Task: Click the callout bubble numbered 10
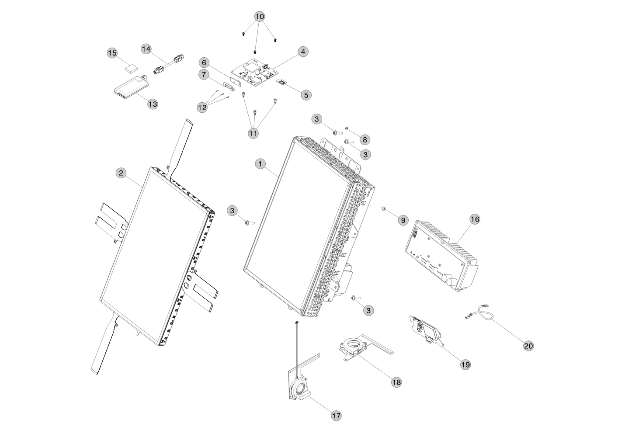[x=260, y=17]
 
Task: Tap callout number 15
[x=112, y=53]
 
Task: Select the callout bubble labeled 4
[x=303, y=52]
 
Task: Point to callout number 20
[x=528, y=346]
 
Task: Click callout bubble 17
[x=336, y=416]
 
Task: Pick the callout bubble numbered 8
[x=365, y=140]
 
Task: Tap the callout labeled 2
[x=121, y=173]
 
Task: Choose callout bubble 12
[x=202, y=108]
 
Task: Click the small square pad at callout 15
[x=131, y=69]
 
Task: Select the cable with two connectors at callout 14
[x=169, y=65]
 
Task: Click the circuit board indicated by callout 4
[x=255, y=73]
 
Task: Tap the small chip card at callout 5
[x=282, y=83]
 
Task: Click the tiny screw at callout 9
[x=383, y=208]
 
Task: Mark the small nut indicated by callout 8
[x=347, y=128]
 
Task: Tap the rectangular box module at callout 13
[x=132, y=87]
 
